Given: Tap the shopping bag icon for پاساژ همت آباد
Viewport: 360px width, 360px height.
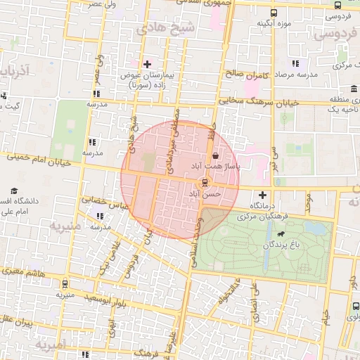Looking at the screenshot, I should click(215, 155).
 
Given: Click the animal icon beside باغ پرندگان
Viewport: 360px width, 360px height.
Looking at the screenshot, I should click(281, 234).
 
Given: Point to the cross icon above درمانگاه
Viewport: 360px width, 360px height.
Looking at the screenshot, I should click(263, 195).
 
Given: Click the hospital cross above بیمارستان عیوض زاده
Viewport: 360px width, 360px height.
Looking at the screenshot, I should click(146, 65).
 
